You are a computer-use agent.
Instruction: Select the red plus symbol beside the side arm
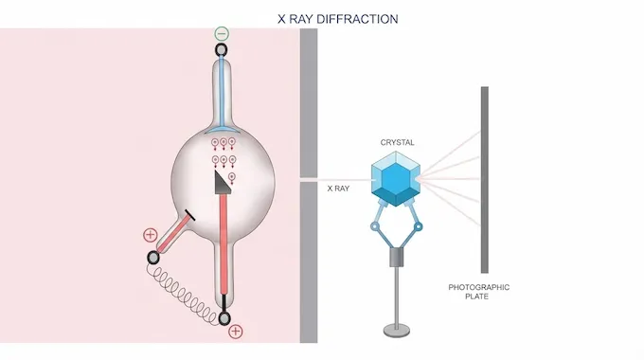point(150,234)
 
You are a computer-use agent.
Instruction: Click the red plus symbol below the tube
point(236,332)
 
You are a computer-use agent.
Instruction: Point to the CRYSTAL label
point(396,143)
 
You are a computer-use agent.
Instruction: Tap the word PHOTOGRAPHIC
point(479,286)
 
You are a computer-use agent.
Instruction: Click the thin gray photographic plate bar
point(484,180)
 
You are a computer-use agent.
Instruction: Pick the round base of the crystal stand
point(395,330)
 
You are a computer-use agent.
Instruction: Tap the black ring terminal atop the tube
point(222,53)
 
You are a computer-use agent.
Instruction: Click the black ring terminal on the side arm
point(153,258)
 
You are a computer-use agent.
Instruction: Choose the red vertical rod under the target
point(224,246)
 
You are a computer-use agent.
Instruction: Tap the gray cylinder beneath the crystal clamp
point(395,261)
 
